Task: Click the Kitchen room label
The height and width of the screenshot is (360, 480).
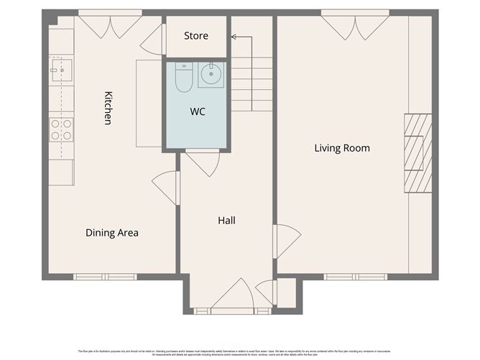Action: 108,108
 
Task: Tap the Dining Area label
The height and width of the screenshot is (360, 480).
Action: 112,233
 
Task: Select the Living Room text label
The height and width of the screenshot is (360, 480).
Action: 342,149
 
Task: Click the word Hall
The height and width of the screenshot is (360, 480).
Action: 226,221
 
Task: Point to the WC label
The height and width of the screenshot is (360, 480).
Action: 198,112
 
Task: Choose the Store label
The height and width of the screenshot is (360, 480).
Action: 196,36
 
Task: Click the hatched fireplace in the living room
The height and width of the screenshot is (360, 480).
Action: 417,152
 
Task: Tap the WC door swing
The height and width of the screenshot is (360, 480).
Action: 203,162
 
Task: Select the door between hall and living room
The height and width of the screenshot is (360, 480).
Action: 285,241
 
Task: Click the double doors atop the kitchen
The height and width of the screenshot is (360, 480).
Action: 110,26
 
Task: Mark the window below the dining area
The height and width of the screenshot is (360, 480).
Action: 105,277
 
